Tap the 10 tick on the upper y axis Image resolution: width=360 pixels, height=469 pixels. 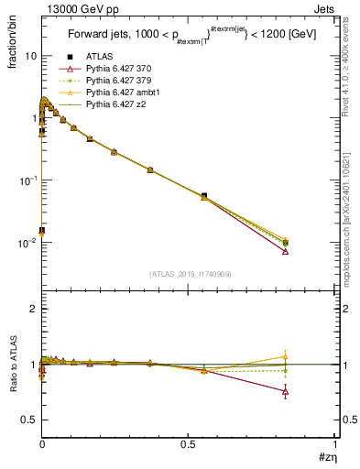(30, 56)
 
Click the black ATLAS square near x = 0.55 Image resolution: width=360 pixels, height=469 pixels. (203, 196)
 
